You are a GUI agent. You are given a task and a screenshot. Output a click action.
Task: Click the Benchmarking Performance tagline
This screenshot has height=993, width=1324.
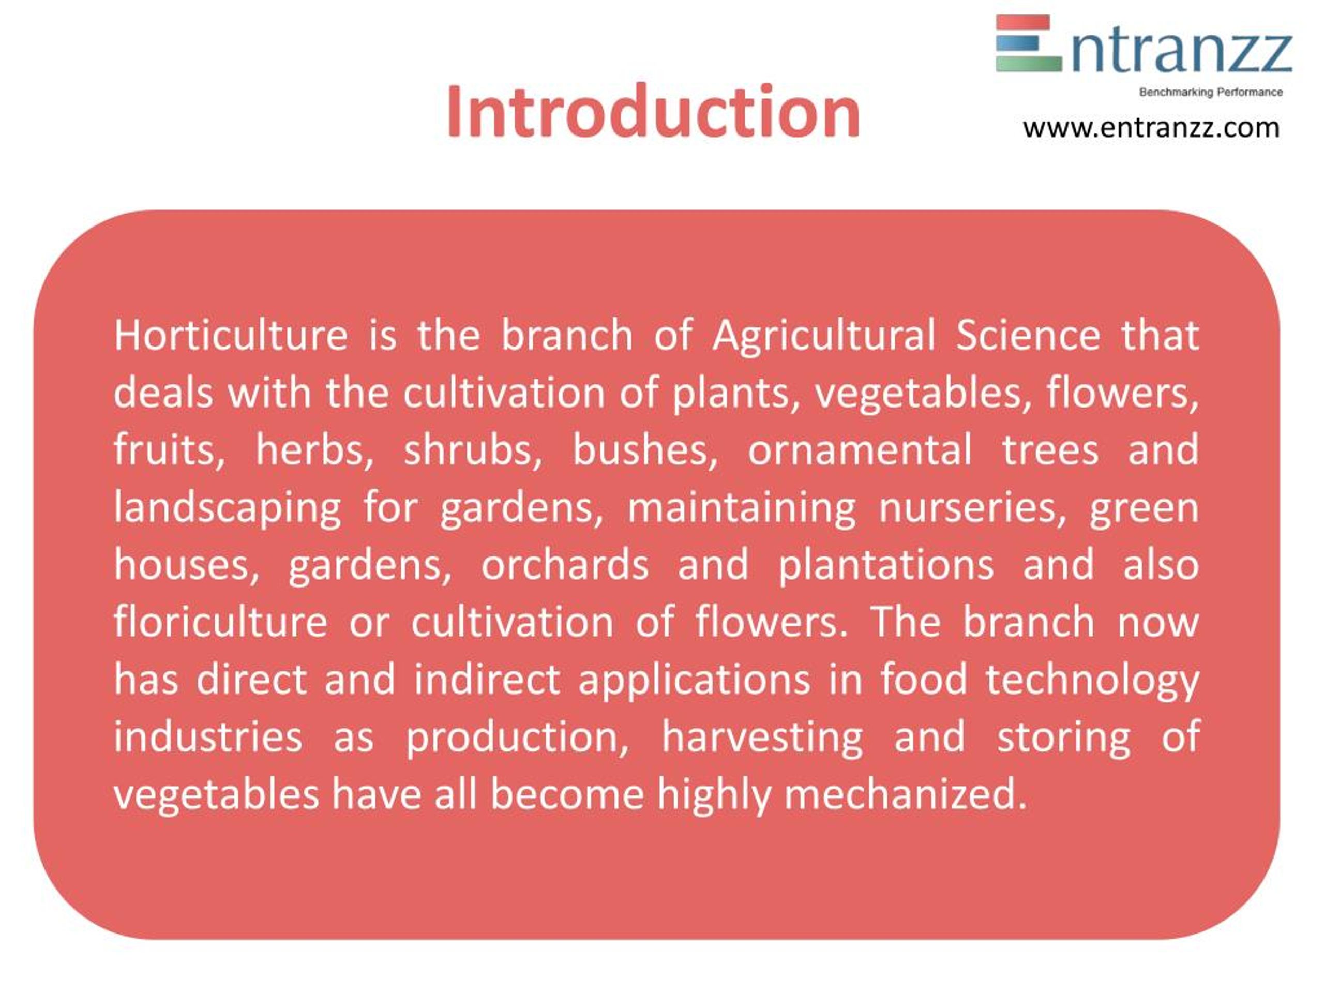tap(1210, 92)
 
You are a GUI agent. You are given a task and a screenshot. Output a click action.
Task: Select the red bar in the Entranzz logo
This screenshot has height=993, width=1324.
tap(1022, 23)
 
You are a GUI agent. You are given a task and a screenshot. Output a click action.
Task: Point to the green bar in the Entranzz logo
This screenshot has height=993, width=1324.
tap(1028, 64)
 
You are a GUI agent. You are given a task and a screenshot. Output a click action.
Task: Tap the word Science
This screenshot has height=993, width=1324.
tap(1028, 335)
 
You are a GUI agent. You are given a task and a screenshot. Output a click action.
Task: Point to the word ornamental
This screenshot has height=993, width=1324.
tap(860, 450)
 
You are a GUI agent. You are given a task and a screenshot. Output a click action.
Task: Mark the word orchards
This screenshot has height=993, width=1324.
tap(565, 565)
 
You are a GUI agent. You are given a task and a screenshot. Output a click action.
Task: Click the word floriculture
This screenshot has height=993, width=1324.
tap(220, 623)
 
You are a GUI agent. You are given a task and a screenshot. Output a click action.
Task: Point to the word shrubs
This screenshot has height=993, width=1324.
tap(473, 450)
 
